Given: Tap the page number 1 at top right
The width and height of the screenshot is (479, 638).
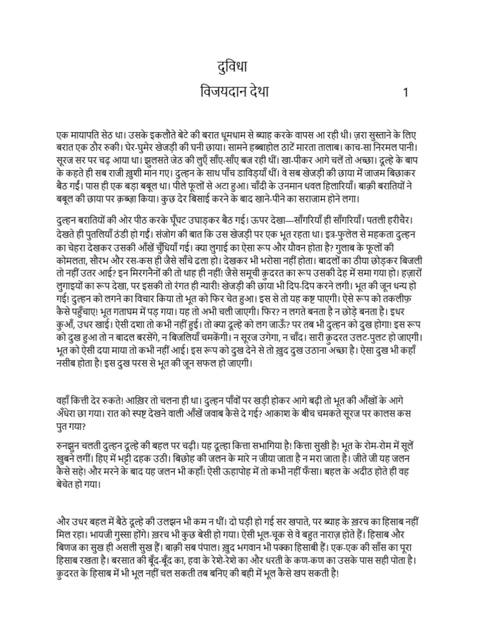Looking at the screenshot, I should coord(405,93).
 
